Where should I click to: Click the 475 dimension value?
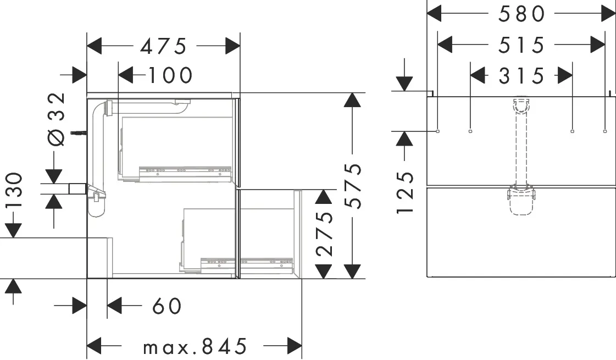tap(163, 47)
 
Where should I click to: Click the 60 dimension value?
tap(167, 306)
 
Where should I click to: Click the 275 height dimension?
tap(325, 233)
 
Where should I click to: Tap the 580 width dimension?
tap(521, 14)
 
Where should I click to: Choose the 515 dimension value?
tap(521, 45)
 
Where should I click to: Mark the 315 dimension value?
tap(521, 75)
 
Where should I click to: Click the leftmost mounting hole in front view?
tap(437, 131)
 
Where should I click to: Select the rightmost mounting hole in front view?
tap(605, 131)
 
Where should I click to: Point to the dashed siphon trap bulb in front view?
tap(521, 205)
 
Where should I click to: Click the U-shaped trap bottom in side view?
tap(96, 208)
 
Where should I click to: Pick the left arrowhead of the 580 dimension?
tap(435, 14)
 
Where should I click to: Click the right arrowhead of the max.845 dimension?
tap(295, 346)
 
